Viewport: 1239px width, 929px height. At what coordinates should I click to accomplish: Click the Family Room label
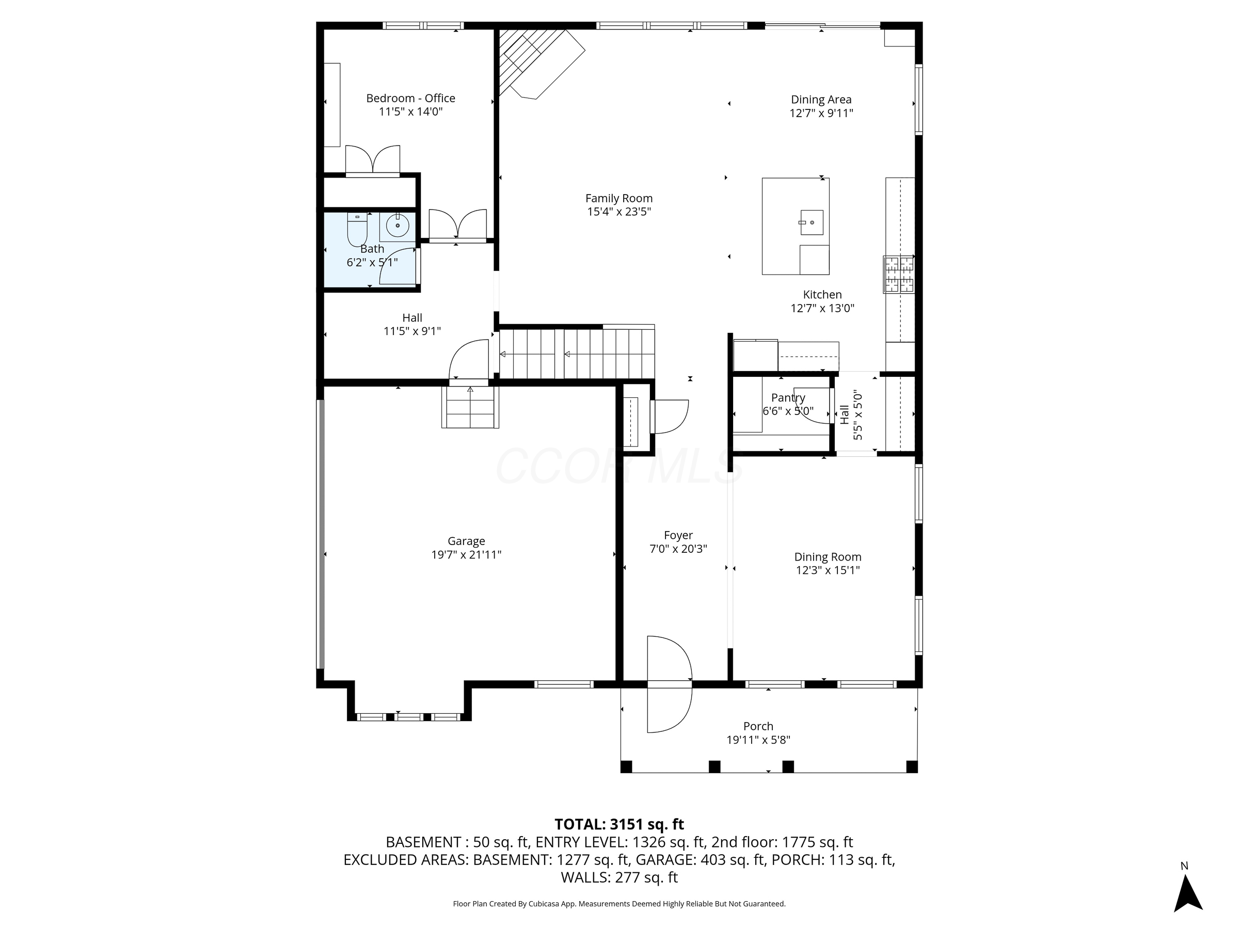coord(618,198)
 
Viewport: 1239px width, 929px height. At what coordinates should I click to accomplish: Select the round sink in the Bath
coord(398,226)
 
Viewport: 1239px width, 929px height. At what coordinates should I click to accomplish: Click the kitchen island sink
coord(811,222)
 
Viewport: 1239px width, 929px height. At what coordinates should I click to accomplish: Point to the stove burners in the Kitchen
coord(898,275)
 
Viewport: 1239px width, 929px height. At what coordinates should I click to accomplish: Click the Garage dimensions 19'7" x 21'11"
coord(466,555)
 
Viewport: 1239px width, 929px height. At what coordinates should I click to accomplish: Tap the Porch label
coord(758,726)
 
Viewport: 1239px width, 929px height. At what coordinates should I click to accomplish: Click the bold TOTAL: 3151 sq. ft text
coord(619,824)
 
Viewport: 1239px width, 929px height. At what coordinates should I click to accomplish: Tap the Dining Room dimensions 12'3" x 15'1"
coord(828,571)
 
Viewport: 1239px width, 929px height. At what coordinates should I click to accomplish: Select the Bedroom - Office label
coord(410,98)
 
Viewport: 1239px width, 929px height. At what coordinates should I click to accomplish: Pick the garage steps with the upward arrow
coord(470,407)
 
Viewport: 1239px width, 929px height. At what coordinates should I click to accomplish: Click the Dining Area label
coord(821,100)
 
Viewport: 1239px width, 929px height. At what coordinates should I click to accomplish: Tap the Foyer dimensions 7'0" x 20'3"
coord(678,549)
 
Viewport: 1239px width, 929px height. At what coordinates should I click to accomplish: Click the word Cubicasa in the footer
coord(544,904)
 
